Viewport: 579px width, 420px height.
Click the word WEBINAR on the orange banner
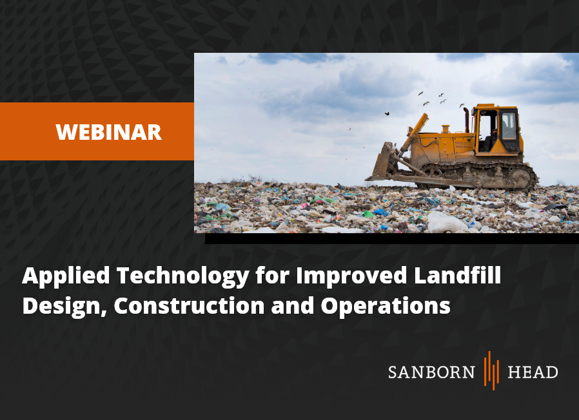click(x=108, y=132)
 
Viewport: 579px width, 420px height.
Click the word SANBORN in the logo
click(x=431, y=372)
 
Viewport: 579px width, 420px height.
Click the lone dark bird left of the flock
click(x=387, y=113)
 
